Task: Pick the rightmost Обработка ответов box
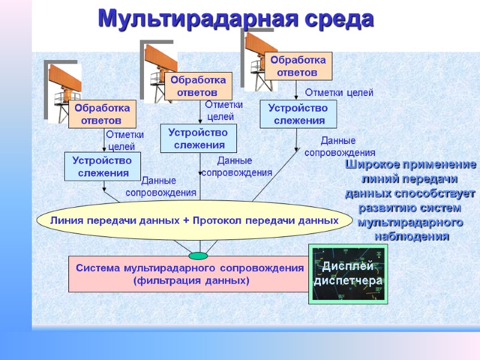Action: click(298, 66)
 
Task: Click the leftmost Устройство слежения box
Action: click(102, 167)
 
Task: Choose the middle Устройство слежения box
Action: click(199, 139)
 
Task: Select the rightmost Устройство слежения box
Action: click(298, 114)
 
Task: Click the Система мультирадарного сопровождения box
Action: click(189, 274)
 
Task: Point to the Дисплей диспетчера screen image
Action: click(348, 274)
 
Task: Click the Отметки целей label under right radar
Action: click(339, 93)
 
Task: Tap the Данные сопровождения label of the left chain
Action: click(161, 187)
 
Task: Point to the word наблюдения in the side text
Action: click(411, 236)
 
